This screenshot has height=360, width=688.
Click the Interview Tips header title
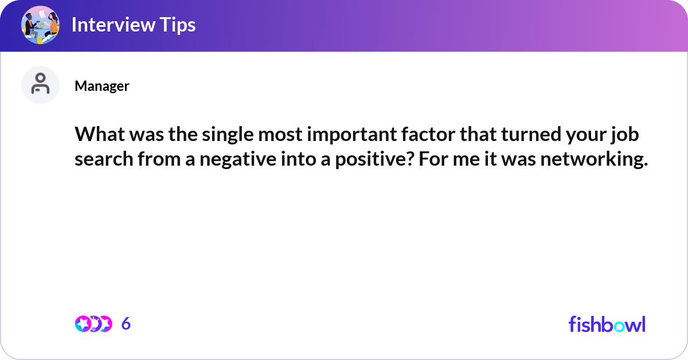133,25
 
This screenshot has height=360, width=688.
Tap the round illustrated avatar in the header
40,25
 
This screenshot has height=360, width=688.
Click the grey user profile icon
40,85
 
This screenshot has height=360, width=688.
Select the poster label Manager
101,86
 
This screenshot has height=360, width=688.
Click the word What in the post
97,136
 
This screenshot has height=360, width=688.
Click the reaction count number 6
126,324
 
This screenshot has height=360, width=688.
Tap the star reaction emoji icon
83,324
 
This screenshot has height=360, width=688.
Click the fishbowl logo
607,324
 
